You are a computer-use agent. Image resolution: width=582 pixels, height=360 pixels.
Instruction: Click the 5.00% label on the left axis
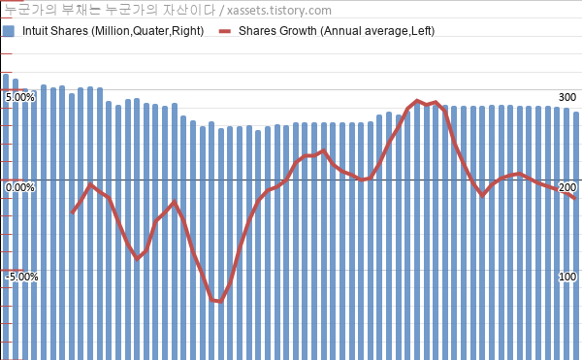tap(20, 98)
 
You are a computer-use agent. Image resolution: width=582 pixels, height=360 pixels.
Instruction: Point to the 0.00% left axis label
tap(20, 187)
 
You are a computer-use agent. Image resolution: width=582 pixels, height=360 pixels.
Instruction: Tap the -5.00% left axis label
tap(21, 277)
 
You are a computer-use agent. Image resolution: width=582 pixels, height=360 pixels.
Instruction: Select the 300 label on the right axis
tap(567, 97)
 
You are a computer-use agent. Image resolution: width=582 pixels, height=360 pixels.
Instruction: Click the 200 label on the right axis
tap(567, 187)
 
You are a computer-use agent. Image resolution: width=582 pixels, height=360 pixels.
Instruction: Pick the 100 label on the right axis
tap(567, 277)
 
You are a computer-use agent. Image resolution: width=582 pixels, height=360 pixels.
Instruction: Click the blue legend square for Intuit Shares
tap(8, 31)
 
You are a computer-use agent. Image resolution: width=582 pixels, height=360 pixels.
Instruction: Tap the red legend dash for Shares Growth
tap(225, 32)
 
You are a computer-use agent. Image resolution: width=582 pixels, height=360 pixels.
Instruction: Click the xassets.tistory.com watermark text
tap(279, 11)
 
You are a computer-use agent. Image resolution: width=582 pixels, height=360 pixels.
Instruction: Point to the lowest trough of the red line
tap(221, 302)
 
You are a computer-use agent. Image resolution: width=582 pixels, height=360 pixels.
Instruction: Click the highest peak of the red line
tap(417, 101)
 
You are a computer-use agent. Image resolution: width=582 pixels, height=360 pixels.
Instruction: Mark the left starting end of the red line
tap(73, 213)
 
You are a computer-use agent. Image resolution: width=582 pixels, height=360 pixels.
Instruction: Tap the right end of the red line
tap(575, 199)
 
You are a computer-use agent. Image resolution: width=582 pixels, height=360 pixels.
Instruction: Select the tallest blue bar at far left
tap(6, 216)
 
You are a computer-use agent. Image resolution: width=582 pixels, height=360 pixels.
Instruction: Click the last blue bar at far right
tap(575, 236)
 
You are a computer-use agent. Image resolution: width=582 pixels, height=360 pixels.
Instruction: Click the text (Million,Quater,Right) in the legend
tap(147, 31)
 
